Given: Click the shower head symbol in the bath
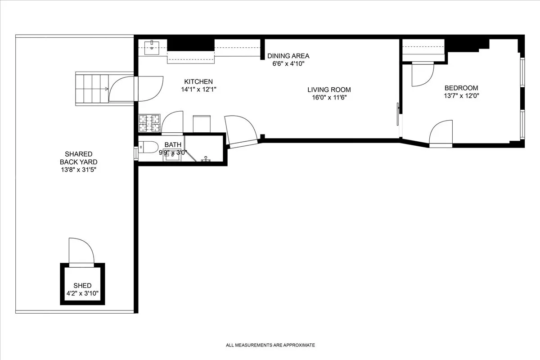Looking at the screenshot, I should click(207, 159).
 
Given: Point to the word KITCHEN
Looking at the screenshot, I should click(198, 81).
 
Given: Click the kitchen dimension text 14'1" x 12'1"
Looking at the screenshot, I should click(198, 89).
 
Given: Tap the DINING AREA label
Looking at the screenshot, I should click(288, 56).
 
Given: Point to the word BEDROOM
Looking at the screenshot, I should click(461, 88).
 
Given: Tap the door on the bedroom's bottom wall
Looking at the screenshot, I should click(441, 134).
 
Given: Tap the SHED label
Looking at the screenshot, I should click(82, 285).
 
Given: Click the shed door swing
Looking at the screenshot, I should click(81, 251).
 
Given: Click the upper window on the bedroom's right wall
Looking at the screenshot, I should click(522, 72).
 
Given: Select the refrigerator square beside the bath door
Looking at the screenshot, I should click(202, 124).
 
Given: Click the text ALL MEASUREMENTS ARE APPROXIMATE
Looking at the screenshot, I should click(270, 345).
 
